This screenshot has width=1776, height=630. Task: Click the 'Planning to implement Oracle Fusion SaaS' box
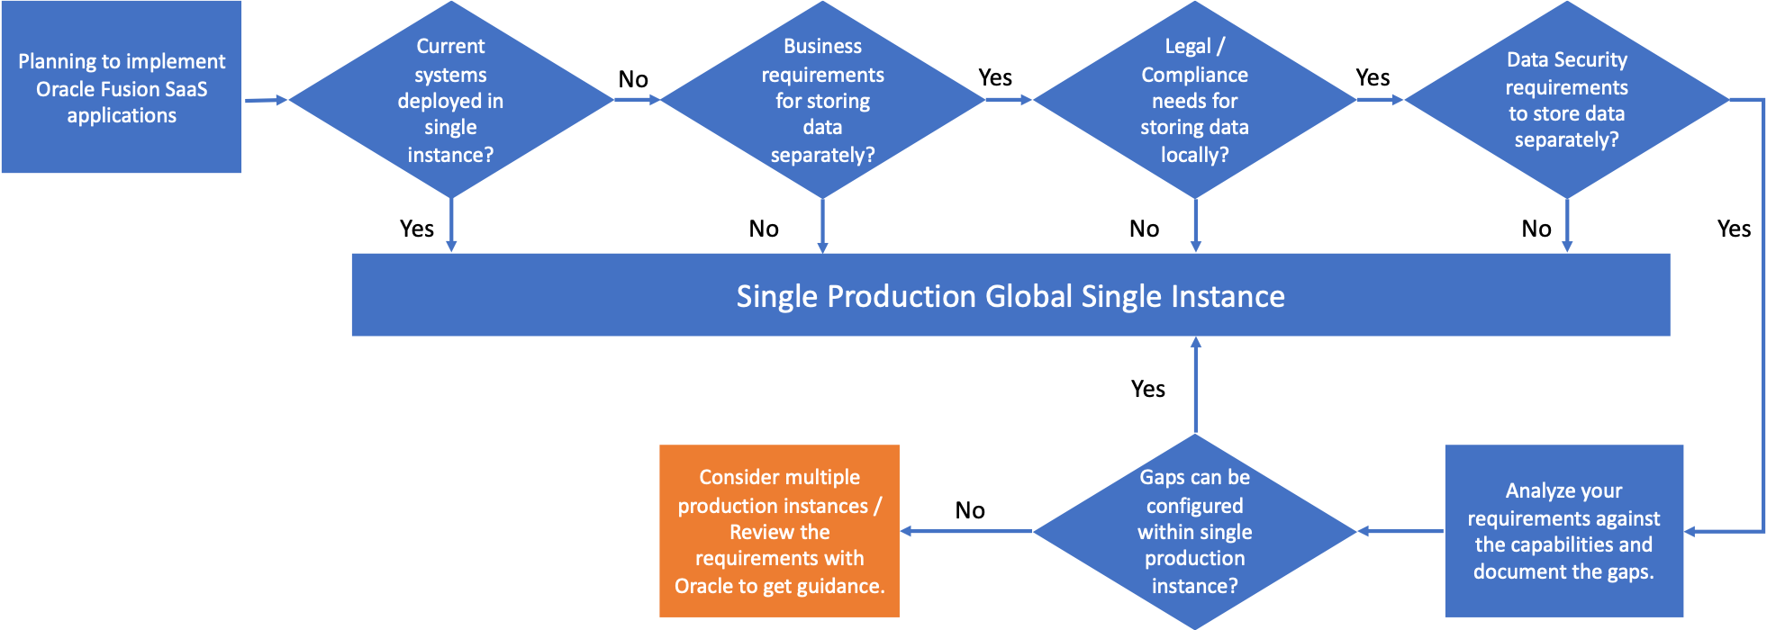[x=121, y=87]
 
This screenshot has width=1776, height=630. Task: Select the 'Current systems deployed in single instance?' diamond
[x=450, y=100]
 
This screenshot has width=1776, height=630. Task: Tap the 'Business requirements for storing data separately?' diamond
[x=822, y=100]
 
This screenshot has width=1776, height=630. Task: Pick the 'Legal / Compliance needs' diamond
[x=1194, y=100]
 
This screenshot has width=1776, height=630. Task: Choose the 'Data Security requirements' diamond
[x=1566, y=100]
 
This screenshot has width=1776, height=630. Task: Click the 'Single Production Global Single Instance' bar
[x=1010, y=295]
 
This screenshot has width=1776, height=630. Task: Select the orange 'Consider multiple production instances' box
[x=779, y=531]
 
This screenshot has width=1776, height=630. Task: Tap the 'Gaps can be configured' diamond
[x=1194, y=531]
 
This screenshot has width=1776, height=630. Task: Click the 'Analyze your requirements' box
[x=1563, y=531]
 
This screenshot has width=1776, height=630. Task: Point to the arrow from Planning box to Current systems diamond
[x=265, y=100]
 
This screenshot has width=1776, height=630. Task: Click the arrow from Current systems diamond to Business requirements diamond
[x=637, y=100]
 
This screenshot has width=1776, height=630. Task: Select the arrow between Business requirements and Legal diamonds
[x=1009, y=100]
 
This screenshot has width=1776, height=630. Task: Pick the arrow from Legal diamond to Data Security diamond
[x=1380, y=100]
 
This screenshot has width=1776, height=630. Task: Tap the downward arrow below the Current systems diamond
[x=451, y=225]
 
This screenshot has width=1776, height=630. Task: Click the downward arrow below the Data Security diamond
[x=1567, y=225]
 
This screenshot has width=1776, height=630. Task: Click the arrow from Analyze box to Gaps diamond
[x=1400, y=531]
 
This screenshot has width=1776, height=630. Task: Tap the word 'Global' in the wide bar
[x=1028, y=296]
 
